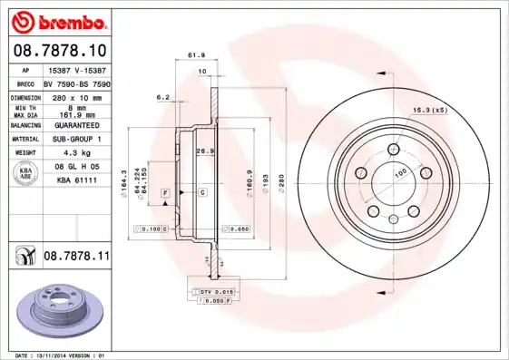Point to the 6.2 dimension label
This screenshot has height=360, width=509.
(x=163, y=96)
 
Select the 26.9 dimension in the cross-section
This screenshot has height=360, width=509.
(x=205, y=150)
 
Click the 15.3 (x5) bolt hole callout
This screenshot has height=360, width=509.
(x=429, y=111)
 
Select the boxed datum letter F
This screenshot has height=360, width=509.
(x=166, y=193)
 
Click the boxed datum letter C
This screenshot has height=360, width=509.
(x=201, y=193)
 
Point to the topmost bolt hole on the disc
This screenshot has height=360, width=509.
(x=393, y=150)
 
